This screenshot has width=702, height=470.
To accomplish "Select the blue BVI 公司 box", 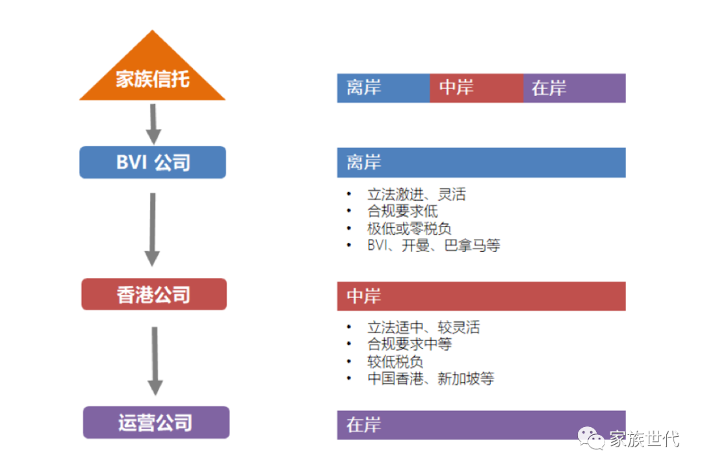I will click(x=153, y=162).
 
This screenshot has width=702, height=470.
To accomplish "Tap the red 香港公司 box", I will click(x=154, y=295).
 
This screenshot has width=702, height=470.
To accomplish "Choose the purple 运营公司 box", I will click(x=156, y=423).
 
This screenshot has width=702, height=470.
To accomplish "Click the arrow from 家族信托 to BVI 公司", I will click(x=153, y=123).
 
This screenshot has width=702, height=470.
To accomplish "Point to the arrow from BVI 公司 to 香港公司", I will click(x=152, y=229).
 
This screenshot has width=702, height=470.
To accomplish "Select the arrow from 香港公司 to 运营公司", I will click(x=155, y=360).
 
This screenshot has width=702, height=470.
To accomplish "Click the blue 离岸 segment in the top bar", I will click(x=383, y=88).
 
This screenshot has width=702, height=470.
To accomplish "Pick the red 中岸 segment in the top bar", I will click(x=476, y=88).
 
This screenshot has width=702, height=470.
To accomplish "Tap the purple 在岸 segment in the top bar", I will click(x=575, y=88).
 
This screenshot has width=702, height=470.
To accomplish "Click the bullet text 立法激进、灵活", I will click(x=416, y=194).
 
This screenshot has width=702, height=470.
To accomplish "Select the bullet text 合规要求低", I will click(x=402, y=211).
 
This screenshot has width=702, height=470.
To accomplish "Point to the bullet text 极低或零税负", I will click(x=409, y=229).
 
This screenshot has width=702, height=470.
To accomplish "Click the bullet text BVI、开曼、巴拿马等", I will click(x=433, y=245).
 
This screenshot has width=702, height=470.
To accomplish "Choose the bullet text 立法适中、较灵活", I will click(x=423, y=327).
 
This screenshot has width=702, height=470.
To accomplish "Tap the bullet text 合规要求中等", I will click(x=409, y=344).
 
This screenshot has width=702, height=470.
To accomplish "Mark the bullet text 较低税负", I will click(x=395, y=362).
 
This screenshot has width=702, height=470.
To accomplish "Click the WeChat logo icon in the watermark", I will click(x=593, y=439).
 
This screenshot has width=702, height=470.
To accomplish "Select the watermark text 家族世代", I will click(x=644, y=439).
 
